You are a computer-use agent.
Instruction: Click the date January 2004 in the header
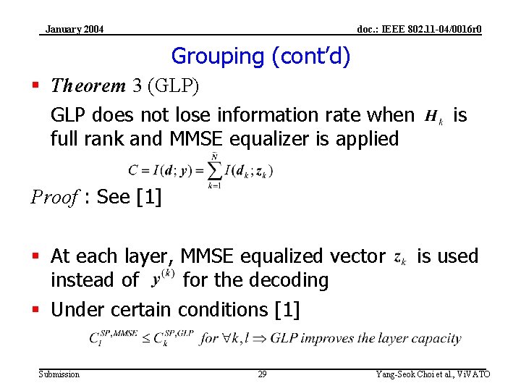coord(74,30)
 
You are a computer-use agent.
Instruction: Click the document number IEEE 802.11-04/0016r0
coord(420,30)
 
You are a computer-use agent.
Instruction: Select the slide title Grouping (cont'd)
coord(260,56)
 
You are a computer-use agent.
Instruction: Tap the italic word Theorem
coord(88,86)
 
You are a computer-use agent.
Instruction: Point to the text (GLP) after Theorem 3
coord(173,86)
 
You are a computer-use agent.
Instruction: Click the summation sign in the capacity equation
coord(213,172)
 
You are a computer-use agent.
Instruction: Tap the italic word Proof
coord(52,197)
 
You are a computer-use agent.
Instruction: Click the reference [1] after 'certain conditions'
coord(287,310)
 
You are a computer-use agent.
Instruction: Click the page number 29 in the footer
coord(262,374)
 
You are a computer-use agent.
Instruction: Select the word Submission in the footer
coord(59,374)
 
